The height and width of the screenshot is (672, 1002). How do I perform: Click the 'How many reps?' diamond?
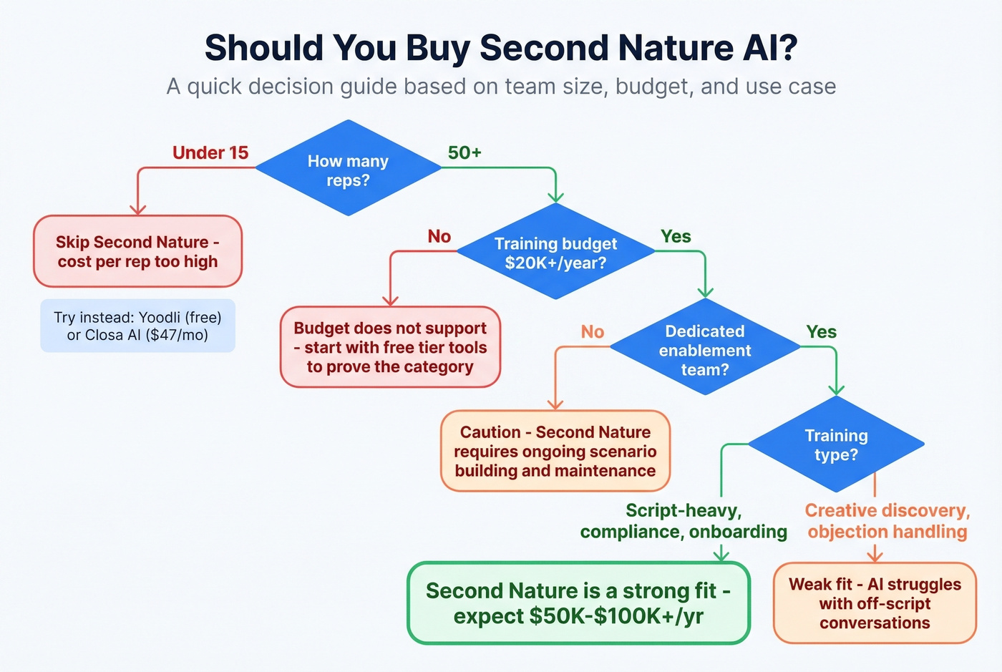tap(348, 169)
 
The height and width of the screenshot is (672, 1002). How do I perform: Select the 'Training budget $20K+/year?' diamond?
tap(555, 252)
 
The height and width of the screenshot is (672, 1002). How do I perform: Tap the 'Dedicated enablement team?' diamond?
tap(705, 349)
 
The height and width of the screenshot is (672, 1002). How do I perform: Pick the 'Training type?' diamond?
tap(836, 444)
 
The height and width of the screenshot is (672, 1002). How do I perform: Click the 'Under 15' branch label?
tap(210, 152)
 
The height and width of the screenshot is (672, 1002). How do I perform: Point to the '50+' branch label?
tap(464, 152)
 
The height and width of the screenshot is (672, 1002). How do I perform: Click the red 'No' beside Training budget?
tap(439, 236)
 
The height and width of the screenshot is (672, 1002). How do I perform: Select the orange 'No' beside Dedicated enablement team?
tap(592, 331)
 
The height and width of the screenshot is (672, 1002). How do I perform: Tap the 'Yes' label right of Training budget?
tap(676, 236)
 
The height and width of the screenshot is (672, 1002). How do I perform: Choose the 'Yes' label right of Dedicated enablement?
tap(821, 331)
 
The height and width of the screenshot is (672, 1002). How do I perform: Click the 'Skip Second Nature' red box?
tap(137, 251)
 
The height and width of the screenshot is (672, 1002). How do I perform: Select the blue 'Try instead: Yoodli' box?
tap(137, 326)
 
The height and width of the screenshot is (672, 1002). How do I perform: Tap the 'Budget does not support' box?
tap(390, 347)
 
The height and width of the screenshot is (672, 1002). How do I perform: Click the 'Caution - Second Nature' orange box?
tap(555, 451)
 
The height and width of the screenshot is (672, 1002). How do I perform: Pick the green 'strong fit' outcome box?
tap(578, 603)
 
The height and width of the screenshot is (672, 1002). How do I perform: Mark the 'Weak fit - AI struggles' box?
tap(875, 603)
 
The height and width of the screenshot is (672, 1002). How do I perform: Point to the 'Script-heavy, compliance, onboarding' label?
tap(684, 521)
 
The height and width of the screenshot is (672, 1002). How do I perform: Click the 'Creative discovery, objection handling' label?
tap(887, 521)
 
